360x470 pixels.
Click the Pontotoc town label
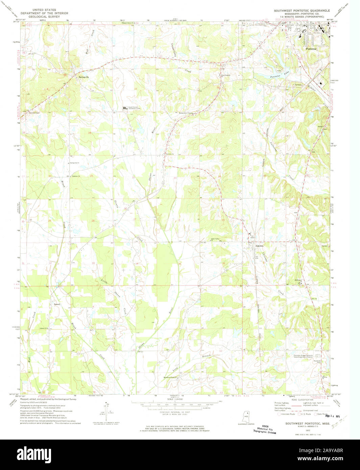[x=311, y=49]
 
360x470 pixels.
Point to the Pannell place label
[x=57, y=304]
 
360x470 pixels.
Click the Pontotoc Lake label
[x=280, y=76]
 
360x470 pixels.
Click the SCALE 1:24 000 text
[x=174, y=399]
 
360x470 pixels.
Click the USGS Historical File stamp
[x=265, y=429]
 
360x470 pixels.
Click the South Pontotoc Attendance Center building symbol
[x=125, y=108]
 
